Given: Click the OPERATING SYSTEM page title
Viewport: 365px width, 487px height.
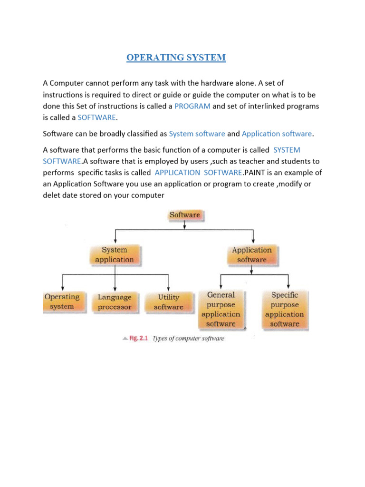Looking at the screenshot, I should [176, 58].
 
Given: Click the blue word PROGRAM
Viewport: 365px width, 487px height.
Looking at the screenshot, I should [192, 106].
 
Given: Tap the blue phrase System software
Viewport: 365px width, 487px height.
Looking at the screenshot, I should [197, 134].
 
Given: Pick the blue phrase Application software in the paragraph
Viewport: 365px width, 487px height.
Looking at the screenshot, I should [277, 134].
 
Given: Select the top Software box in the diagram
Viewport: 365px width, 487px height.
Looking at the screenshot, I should [185, 215].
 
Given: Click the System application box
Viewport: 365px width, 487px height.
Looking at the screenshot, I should [115, 255].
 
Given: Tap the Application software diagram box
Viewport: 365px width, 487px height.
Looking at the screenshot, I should [252, 255].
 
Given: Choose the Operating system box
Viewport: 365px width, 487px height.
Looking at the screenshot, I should [62, 302].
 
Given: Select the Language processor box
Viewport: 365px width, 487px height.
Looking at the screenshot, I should [115, 302].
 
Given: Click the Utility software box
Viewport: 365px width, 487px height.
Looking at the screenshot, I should [169, 302].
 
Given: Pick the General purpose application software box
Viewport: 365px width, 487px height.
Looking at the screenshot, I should [221, 310].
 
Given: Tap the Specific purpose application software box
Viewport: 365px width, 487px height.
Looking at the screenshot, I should [285, 310].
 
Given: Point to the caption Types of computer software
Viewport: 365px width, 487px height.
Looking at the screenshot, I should [188, 339].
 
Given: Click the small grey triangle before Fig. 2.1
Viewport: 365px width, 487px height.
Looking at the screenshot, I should [125, 339].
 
